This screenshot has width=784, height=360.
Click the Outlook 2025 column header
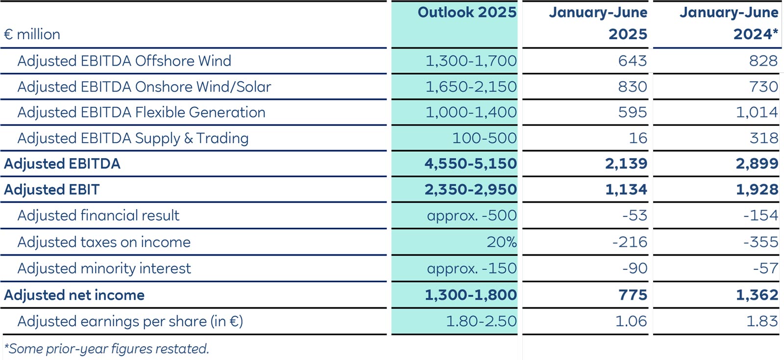click(466, 13)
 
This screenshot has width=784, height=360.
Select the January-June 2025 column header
click(598, 23)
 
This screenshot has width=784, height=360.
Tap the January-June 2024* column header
click(729, 23)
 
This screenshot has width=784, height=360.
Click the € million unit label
click(32, 34)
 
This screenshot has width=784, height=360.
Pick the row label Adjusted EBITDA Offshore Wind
click(124, 61)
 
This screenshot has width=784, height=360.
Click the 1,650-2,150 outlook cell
click(470, 87)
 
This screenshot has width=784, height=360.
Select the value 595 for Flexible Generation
click(632, 112)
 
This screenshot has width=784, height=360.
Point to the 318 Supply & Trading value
click(763, 138)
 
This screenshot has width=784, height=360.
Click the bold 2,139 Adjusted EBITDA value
click(626, 164)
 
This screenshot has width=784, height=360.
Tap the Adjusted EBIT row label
click(52, 190)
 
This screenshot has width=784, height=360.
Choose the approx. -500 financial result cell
click(471, 216)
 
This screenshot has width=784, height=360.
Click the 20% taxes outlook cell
click(501, 242)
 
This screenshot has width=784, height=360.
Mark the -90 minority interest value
click(635, 268)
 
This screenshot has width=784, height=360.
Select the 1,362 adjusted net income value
click(757, 295)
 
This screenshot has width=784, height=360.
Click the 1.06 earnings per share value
click(631, 321)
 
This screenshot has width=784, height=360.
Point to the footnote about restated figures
click(106, 349)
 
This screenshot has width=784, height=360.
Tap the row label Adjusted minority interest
click(104, 268)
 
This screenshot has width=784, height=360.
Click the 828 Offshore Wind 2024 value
click(763, 61)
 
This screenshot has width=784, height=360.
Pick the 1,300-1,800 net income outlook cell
click(470, 295)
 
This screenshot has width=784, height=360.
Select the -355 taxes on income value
click(760, 242)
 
